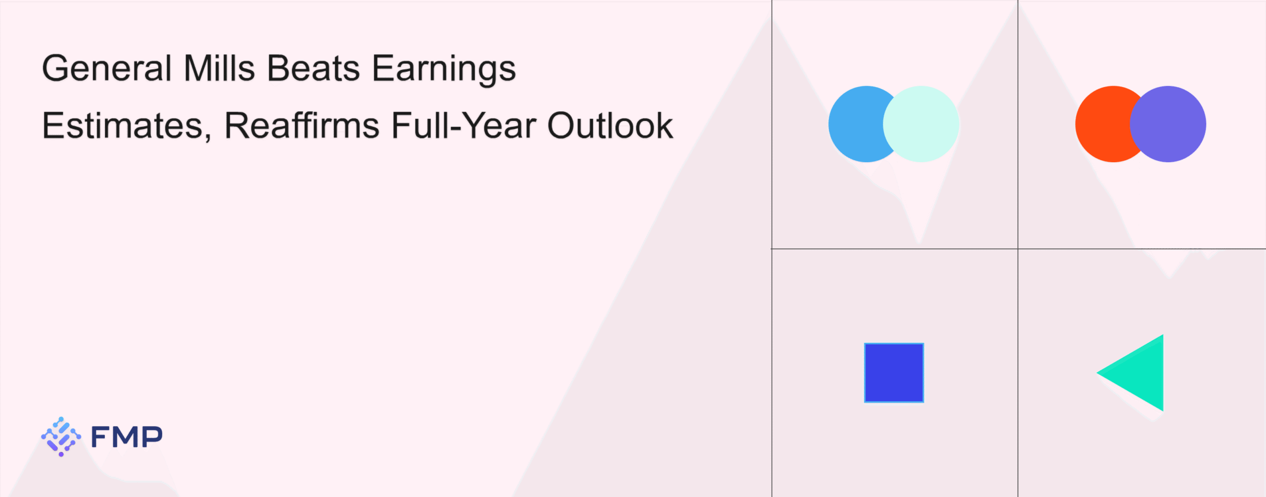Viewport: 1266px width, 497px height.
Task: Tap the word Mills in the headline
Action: [x=220, y=68]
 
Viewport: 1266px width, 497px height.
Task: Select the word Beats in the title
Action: [x=314, y=68]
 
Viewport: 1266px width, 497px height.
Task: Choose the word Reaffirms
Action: [x=302, y=126]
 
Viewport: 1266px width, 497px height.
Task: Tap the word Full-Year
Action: [x=464, y=126]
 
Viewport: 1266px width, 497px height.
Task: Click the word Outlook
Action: [x=610, y=126]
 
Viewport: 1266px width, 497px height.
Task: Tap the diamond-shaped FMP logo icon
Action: [x=61, y=437]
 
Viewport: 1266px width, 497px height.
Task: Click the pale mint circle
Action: [x=921, y=124]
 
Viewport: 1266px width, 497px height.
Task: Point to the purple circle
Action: [x=1168, y=124]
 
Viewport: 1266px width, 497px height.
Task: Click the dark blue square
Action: [x=894, y=373]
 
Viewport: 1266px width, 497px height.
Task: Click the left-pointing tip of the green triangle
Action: [x=1097, y=373]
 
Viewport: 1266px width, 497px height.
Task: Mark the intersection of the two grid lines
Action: [x=1018, y=249]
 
